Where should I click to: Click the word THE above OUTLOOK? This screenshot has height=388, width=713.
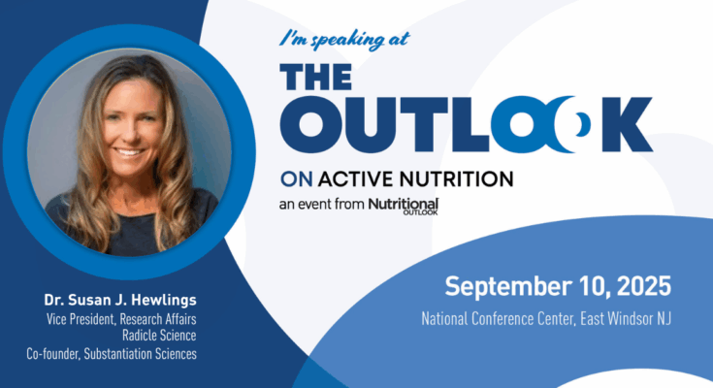[316, 77]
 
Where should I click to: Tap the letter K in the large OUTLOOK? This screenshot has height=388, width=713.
[625, 124]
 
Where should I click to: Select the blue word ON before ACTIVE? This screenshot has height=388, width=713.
[296, 179]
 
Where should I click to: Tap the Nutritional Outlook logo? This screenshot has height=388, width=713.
[404, 206]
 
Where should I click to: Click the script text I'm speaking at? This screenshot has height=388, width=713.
[344, 40]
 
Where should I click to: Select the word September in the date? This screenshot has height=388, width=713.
[508, 287]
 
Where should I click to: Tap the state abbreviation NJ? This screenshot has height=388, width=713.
[663, 318]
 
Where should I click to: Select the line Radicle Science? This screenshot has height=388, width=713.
[159, 336]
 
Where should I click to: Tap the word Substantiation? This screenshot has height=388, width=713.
[120, 353]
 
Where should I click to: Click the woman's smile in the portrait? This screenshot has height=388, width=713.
[129, 152]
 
